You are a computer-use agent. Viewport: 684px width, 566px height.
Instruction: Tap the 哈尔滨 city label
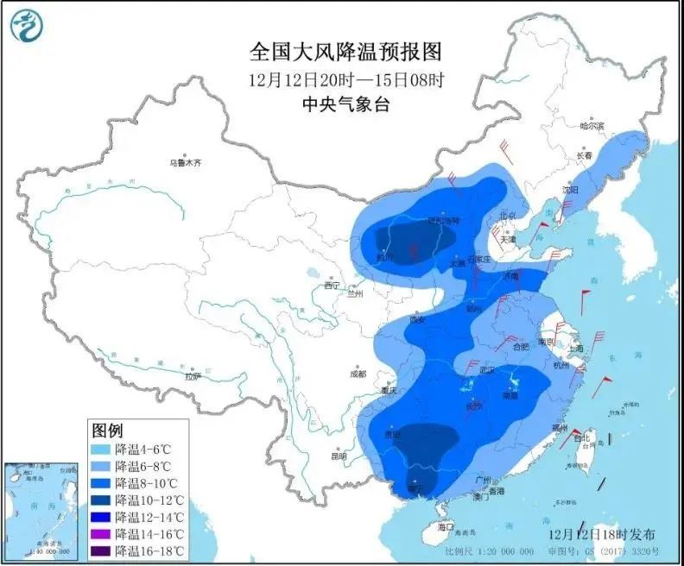(x=592, y=126)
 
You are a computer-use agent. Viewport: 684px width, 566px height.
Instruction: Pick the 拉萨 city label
(x=192, y=375)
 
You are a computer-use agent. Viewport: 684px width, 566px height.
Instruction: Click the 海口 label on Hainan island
(x=446, y=525)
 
